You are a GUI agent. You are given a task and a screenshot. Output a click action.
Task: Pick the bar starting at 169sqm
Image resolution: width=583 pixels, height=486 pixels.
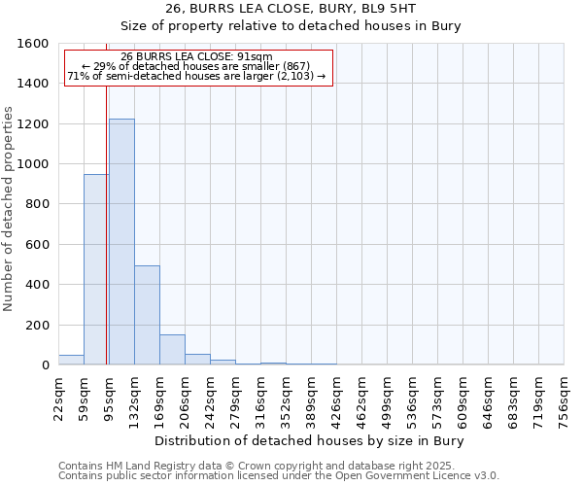(172, 350)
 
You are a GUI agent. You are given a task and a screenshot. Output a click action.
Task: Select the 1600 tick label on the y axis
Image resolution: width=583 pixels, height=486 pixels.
(33, 44)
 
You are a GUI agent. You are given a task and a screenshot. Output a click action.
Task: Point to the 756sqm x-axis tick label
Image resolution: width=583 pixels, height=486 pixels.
(565, 400)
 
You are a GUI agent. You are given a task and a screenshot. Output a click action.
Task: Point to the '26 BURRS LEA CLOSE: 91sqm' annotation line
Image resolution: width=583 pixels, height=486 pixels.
(197, 56)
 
